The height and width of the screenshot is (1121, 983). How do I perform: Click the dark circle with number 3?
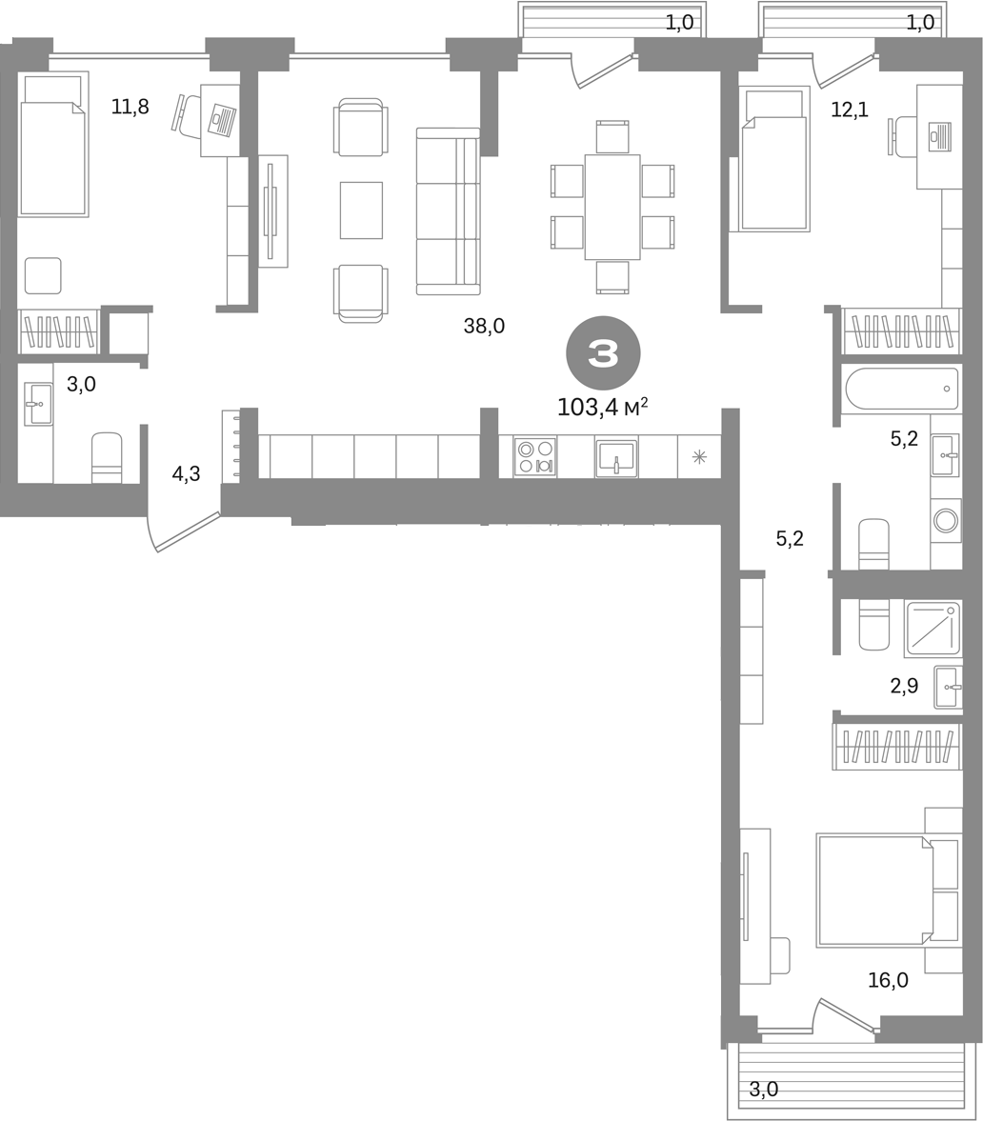click(603, 353)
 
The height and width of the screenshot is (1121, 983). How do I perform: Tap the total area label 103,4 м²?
click(603, 408)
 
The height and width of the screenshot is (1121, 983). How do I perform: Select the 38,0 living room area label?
click(484, 326)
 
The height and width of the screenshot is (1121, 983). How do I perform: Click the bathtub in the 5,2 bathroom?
click(902, 390)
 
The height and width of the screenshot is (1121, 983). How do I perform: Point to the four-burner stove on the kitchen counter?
click(534, 457)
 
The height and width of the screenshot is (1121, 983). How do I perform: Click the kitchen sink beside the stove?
click(616, 457)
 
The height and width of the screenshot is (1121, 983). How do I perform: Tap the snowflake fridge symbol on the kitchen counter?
click(699, 457)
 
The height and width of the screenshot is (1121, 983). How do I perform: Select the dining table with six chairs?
click(612, 208)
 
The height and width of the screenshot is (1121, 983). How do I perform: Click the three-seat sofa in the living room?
click(448, 210)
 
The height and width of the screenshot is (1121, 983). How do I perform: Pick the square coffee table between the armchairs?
click(361, 210)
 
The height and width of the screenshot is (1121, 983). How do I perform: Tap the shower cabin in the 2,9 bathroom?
click(933, 630)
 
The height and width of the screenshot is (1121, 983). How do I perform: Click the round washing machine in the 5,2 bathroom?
click(946, 520)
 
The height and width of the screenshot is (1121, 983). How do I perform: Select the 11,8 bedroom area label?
click(130, 108)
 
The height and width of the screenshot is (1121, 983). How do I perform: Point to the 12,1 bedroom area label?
click(850, 110)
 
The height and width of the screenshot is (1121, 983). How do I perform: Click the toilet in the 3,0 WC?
click(108, 457)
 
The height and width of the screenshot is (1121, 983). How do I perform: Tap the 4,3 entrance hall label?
click(186, 473)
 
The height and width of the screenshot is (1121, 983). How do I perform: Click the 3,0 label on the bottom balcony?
click(764, 1090)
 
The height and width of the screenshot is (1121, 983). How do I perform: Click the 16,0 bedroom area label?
click(888, 980)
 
